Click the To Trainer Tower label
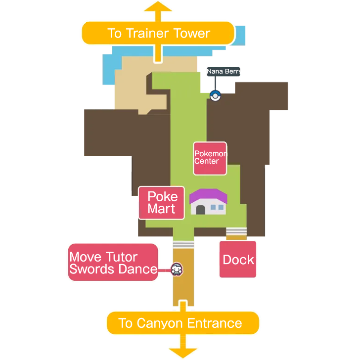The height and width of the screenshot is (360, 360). [x=158, y=33]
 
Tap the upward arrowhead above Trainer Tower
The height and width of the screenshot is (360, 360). [x=158, y=7]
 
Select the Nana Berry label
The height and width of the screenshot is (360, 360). [x=224, y=72]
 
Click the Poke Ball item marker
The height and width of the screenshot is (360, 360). [x=215, y=96]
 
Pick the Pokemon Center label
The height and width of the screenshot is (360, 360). [x=210, y=157]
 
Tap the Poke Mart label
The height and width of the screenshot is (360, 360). [x=162, y=203]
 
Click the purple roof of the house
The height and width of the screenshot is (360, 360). [x=208, y=197]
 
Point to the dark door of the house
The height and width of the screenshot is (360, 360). [x=200, y=210]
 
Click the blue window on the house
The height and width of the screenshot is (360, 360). [x=217, y=207]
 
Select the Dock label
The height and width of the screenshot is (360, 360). [x=238, y=260]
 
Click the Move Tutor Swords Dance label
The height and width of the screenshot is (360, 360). [x=113, y=263]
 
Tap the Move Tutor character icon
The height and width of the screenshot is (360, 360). [x=177, y=270]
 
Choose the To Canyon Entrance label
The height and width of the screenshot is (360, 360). [x=182, y=323]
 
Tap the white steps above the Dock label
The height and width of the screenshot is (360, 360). [x=236, y=231]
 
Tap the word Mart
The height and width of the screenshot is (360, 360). [x=161, y=209]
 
